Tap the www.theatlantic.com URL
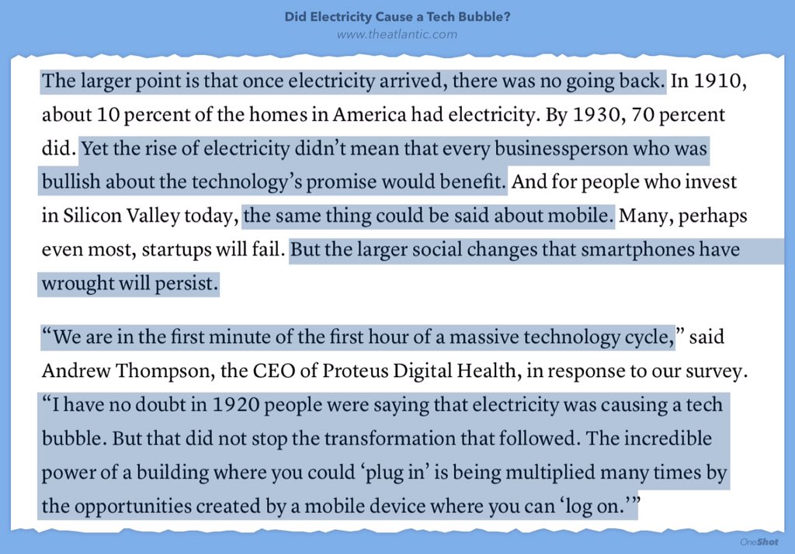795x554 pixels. (397, 34)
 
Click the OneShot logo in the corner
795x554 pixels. (759, 542)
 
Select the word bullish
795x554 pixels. (71, 183)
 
